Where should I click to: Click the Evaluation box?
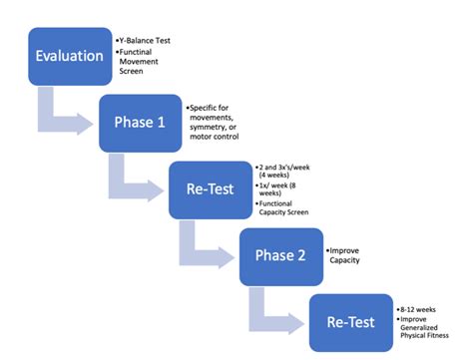(x=69, y=56)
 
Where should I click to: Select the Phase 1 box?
(x=139, y=122)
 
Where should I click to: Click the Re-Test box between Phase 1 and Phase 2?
(x=209, y=189)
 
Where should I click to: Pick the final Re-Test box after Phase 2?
(x=349, y=321)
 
